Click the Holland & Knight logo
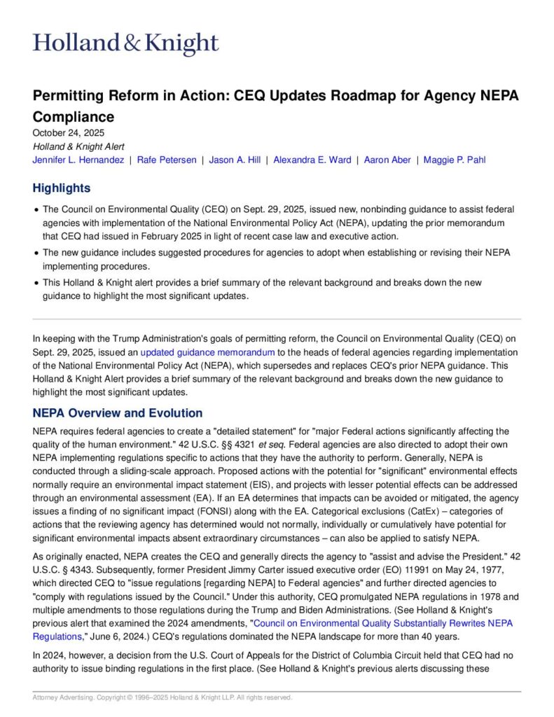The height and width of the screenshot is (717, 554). [x=126, y=43]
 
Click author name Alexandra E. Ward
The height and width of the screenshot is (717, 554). [x=312, y=160]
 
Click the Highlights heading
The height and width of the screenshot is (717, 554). [x=62, y=188]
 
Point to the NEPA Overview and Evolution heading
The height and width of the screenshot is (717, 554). [x=118, y=413]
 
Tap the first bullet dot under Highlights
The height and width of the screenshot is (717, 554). [x=36, y=209]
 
